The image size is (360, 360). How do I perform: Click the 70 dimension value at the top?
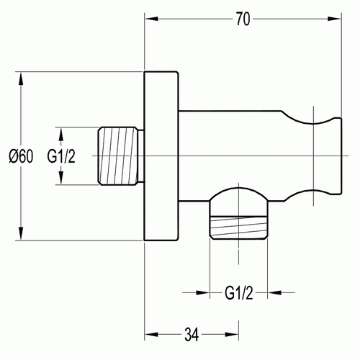(x=243, y=19)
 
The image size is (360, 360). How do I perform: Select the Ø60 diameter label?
(x=21, y=156)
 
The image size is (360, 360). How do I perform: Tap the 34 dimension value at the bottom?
(x=192, y=335)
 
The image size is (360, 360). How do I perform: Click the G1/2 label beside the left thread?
(x=61, y=156)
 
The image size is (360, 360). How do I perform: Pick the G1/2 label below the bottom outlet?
(x=239, y=293)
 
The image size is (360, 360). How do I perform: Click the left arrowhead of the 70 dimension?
(x=152, y=19)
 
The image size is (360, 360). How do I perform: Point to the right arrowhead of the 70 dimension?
(x=334, y=19)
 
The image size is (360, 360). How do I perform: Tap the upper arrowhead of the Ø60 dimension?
(x=21, y=79)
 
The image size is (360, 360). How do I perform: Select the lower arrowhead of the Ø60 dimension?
(x=21, y=233)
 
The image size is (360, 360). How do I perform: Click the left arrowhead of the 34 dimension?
(x=152, y=335)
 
